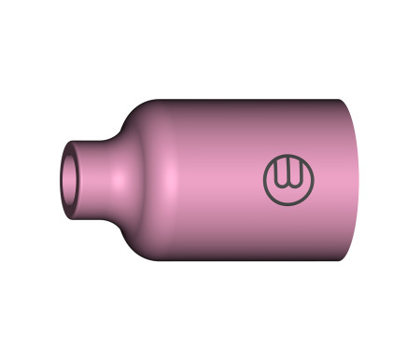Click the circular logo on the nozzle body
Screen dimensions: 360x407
pyautogui.click(x=289, y=179)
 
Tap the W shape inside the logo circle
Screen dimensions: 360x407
pyautogui.click(x=289, y=175)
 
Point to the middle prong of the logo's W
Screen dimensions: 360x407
pyautogui.click(x=289, y=173)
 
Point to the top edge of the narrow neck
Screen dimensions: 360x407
pyautogui.click(x=93, y=141)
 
